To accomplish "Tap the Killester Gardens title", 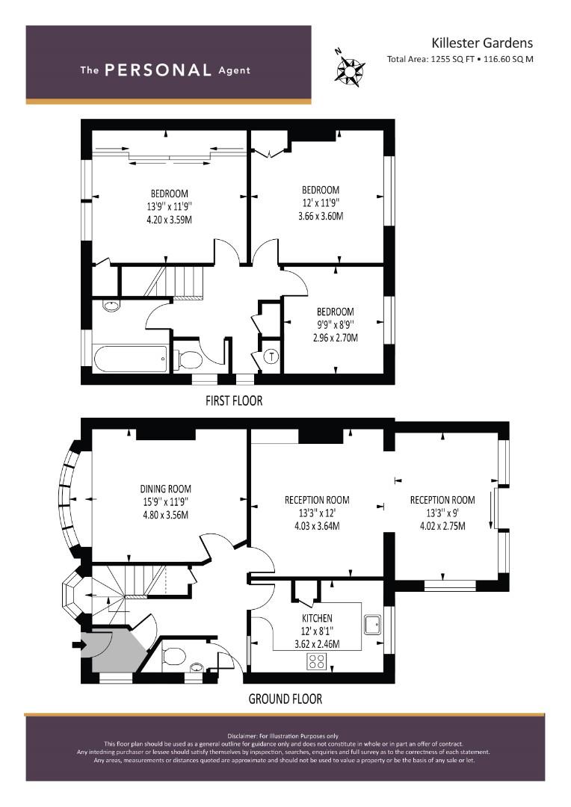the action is click(x=482, y=43).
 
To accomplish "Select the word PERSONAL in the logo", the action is click(x=158, y=70).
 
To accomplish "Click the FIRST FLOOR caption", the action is click(x=234, y=401).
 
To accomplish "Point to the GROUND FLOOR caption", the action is click(x=285, y=699).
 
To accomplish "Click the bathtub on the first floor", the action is click(x=131, y=358).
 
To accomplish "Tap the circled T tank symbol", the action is click(x=271, y=356).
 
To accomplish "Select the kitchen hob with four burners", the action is click(x=317, y=661).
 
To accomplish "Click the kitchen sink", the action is click(x=371, y=625).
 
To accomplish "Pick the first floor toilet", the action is click(x=188, y=359).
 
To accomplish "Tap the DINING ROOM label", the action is click(x=166, y=489).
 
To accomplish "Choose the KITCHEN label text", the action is click(x=317, y=618).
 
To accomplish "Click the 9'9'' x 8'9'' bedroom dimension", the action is click(x=335, y=325).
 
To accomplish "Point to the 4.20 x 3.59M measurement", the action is click(x=170, y=220).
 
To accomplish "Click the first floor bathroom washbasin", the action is click(x=111, y=306).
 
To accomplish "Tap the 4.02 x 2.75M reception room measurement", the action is click(x=442, y=526).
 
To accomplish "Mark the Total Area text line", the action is click(x=460, y=59).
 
